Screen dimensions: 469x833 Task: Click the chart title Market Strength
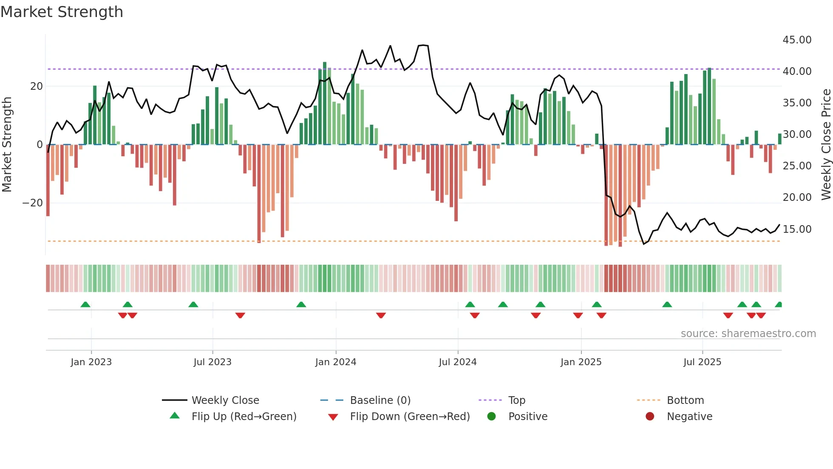coord(62,12)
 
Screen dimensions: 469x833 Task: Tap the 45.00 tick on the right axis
coord(797,40)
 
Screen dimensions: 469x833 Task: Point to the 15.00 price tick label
coord(797,229)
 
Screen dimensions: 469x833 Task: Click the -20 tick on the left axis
coord(33,203)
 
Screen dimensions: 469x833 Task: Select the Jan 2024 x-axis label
coord(335,362)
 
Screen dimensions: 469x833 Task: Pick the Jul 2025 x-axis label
coord(702,362)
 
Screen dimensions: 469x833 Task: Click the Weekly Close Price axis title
coord(826,145)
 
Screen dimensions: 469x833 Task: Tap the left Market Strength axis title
coord(7,145)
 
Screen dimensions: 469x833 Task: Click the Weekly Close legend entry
coord(225,400)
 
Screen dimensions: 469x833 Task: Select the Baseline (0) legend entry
coord(380,400)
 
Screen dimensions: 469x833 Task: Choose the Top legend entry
coord(516,400)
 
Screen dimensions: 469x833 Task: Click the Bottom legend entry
coord(685,400)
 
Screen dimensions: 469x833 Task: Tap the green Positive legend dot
coord(491,417)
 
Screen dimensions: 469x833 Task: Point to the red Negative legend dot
coord(649,417)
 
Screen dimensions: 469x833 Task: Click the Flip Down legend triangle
coord(333,417)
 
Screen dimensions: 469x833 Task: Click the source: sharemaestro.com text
coord(748,334)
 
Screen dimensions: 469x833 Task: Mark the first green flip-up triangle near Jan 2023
coord(85,305)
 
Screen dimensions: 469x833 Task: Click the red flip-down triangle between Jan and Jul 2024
coord(381,315)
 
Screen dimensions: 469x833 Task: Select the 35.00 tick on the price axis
coord(797,103)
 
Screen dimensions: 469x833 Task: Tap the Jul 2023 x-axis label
coord(212,362)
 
